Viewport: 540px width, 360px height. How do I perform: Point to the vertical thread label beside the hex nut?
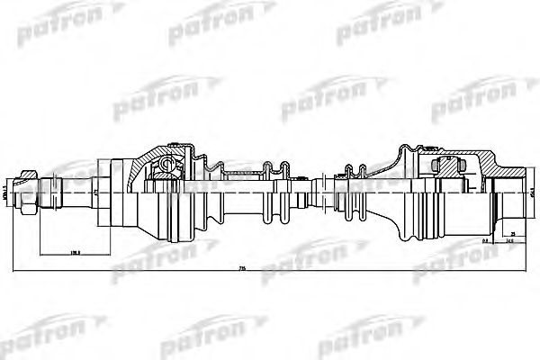[x=6, y=190]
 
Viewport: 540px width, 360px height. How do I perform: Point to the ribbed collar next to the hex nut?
[x=45, y=191]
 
